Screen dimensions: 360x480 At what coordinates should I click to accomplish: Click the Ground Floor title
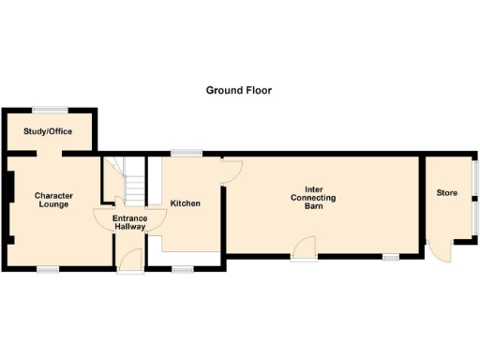tap(239, 91)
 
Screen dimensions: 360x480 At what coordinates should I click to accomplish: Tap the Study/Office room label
tap(48, 131)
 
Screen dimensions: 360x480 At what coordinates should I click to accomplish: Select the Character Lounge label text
tap(53, 201)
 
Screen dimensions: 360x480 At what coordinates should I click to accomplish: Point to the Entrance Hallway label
tap(128, 222)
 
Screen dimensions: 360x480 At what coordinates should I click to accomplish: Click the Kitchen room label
tap(185, 202)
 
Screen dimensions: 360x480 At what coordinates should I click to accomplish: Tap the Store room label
tap(446, 193)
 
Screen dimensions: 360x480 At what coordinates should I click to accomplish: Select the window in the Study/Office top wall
tap(49, 111)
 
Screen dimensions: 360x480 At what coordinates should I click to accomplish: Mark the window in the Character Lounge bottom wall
tap(48, 269)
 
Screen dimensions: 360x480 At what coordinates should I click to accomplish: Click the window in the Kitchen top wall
tap(186, 153)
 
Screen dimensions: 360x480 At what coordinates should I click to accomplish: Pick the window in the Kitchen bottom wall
tap(183, 269)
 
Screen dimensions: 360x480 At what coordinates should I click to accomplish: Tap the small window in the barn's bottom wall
tap(391, 256)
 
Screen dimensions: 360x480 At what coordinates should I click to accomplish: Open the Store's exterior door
tap(438, 251)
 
